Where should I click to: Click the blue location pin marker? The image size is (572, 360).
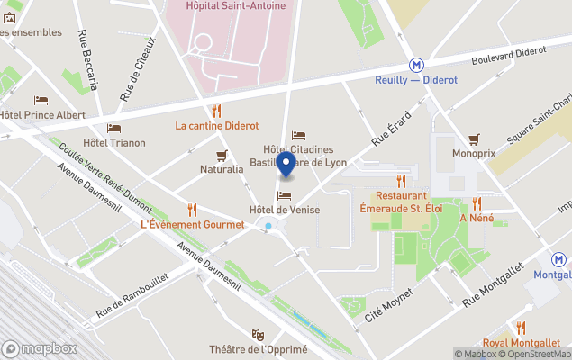286,165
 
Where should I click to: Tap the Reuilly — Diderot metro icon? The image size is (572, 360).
416,65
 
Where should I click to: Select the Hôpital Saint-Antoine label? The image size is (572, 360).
235,6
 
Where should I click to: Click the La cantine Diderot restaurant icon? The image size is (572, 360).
216,112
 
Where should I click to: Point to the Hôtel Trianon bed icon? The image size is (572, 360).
113,128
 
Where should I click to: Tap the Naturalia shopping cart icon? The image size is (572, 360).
222,155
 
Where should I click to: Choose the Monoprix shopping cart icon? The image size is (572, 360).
474,139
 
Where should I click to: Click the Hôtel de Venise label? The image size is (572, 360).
285,210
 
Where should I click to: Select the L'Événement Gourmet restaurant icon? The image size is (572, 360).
192,210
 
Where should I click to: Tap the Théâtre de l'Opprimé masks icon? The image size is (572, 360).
258,335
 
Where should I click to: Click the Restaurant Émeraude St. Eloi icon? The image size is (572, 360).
401,181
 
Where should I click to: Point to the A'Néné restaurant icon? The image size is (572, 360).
477,203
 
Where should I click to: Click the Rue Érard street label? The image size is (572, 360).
393,130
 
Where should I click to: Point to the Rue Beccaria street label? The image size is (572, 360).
87,60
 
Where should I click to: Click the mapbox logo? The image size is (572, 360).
40,348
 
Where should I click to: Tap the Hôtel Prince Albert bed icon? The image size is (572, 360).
41,101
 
